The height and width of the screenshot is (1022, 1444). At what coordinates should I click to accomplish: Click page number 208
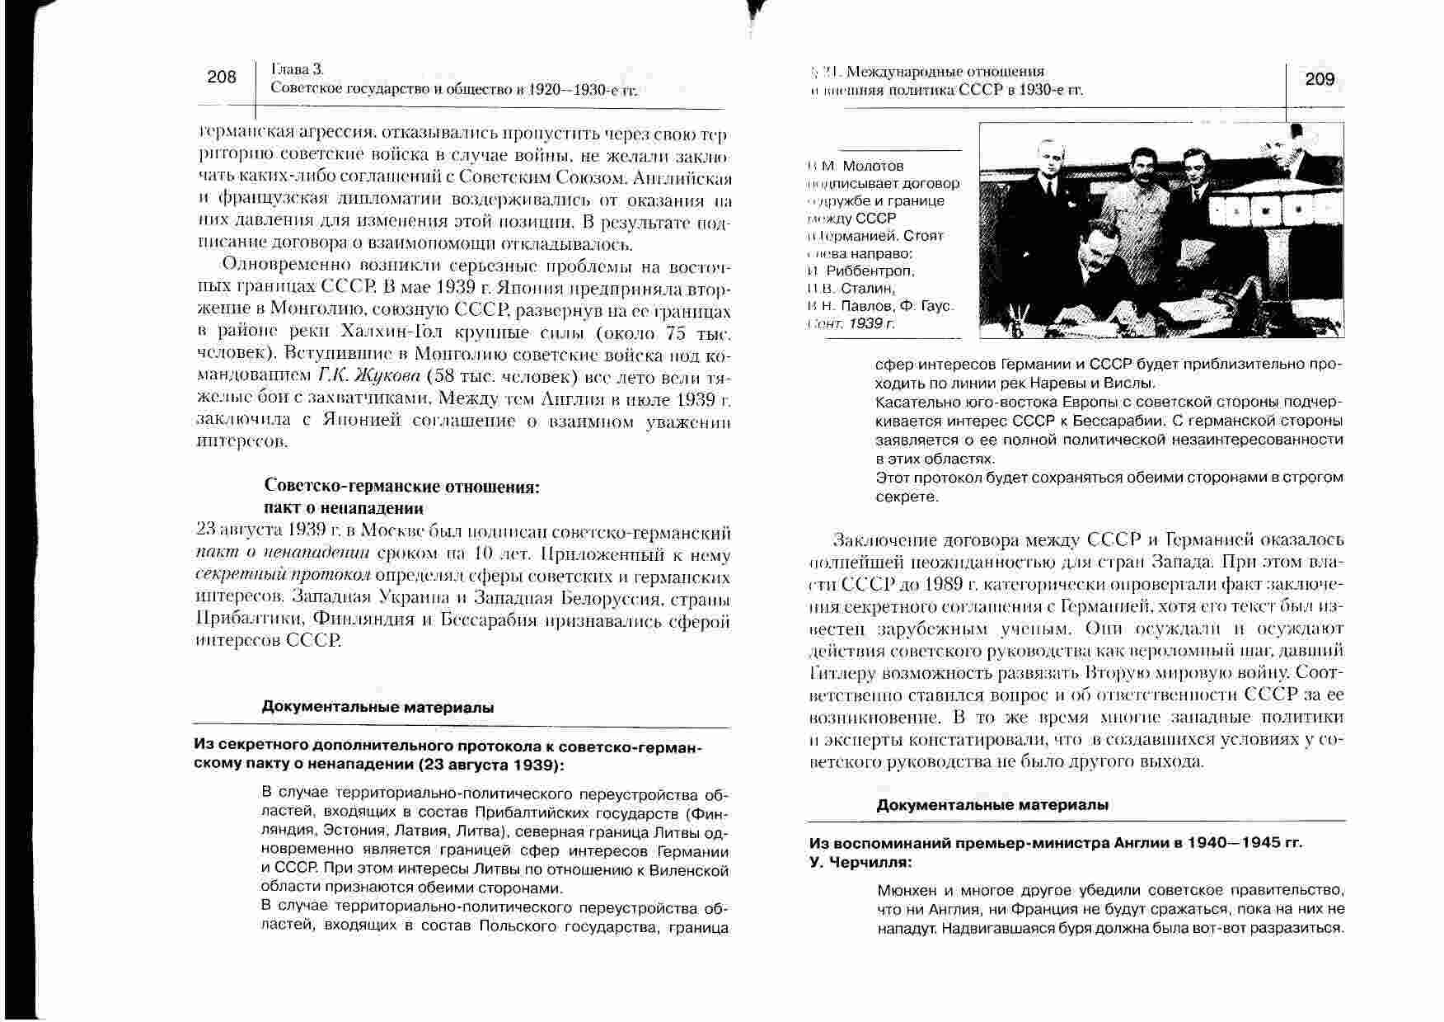point(221,78)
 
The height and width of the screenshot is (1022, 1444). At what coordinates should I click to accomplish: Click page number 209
point(1320,79)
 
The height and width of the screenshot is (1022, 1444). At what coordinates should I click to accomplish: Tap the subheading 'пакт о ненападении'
point(344,507)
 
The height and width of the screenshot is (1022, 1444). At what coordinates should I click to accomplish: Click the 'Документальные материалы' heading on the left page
point(378,707)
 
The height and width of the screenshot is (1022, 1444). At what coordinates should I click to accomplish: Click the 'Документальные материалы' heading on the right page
point(992,805)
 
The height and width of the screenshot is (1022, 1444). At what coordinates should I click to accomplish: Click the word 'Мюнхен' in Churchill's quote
point(907,892)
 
